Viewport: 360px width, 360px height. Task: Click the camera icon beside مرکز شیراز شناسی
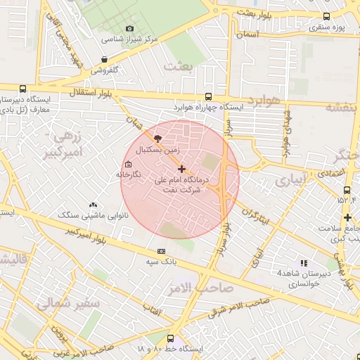[x=129, y=29]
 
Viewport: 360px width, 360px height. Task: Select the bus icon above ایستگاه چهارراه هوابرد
[x=208, y=96]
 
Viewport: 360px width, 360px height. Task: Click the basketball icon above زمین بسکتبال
[x=157, y=139]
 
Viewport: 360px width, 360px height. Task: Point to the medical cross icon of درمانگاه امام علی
[x=182, y=169]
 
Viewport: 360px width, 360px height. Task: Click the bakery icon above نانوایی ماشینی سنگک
[x=93, y=204]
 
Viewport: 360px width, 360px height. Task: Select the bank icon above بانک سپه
[x=162, y=251]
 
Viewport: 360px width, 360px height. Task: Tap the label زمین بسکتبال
[x=157, y=150]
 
